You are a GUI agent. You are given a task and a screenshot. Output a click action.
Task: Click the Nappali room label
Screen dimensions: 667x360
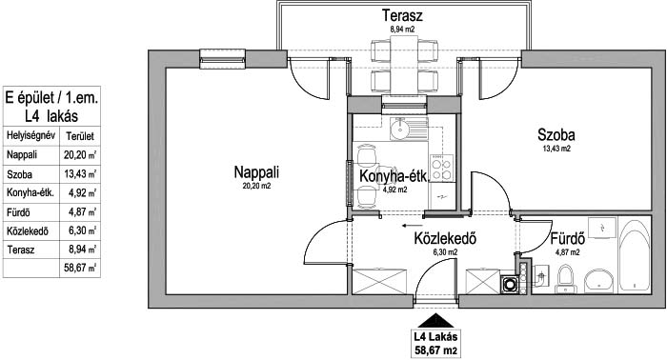click(256, 172)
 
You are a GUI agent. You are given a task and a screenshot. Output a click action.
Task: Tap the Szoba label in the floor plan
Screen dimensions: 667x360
click(556, 135)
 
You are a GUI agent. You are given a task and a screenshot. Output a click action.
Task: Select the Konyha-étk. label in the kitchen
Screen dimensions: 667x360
click(393, 176)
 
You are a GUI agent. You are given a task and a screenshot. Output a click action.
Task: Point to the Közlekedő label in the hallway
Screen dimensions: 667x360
click(445, 238)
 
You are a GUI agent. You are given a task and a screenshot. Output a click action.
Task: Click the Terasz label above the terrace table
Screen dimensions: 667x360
click(402, 16)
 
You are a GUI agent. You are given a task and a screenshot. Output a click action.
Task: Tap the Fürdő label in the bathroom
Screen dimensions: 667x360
click(568, 238)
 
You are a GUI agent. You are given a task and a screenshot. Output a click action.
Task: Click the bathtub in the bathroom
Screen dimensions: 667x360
click(635, 255)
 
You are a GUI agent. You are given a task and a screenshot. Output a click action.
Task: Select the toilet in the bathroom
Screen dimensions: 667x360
click(566, 279)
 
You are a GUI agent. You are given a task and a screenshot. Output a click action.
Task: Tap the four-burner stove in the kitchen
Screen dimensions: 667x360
click(441, 168)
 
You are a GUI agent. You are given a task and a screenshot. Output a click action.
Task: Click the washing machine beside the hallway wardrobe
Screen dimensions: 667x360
click(508, 285)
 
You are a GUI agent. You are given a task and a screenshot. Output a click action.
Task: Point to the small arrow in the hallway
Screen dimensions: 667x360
click(413, 226)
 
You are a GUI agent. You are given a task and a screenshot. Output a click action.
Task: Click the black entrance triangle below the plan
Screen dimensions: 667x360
click(435, 321)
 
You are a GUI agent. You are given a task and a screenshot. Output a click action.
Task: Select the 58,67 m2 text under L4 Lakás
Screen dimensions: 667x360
click(436, 350)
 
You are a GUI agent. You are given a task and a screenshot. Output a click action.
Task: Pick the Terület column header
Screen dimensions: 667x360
click(80, 136)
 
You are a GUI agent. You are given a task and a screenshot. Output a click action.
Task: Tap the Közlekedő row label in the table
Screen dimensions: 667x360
click(28, 231)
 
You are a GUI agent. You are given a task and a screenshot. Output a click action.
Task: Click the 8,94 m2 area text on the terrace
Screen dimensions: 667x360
click(402, 30)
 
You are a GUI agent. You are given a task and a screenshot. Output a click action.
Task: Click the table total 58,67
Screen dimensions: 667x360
click(80, 269)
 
